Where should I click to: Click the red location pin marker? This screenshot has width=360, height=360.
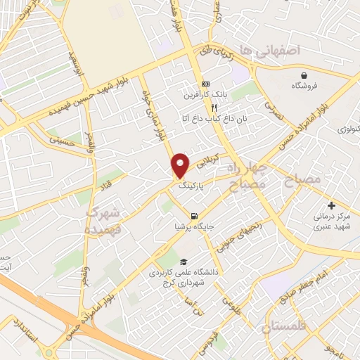181,165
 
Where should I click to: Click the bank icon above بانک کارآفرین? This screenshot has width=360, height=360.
205,82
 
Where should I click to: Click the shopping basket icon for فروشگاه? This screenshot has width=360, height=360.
304,75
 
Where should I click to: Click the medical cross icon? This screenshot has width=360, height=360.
331,205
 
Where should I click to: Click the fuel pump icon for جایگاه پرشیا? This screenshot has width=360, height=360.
193,216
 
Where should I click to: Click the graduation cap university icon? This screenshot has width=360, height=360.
174,261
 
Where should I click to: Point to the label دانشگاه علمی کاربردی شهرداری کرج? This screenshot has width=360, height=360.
176,276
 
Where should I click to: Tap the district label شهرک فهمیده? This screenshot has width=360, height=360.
105,220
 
